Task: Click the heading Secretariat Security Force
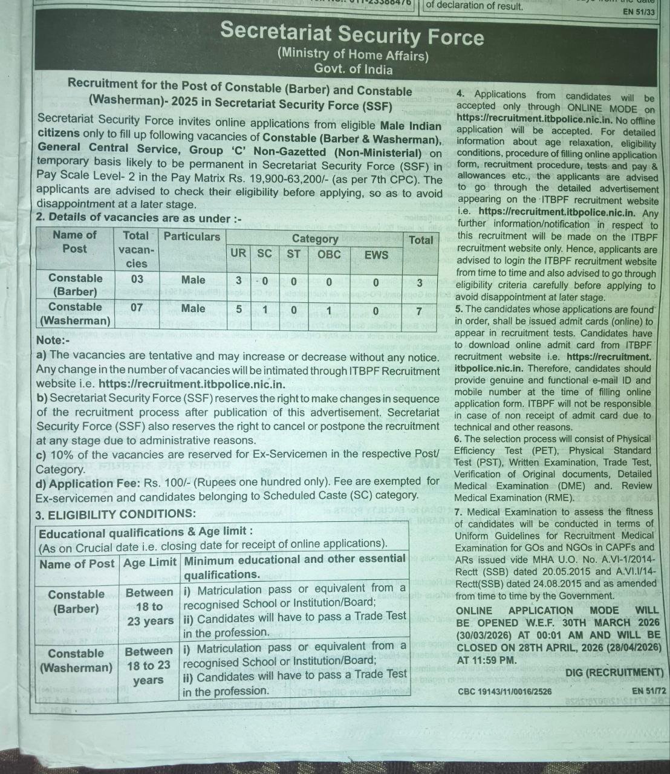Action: tap(352, 34)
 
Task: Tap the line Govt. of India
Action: tap(353, 70)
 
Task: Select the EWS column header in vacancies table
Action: tap(376, 255)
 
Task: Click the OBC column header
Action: tap(329, 255)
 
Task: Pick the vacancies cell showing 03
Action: tap(137, 279)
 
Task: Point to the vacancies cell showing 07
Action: tap(137, 307)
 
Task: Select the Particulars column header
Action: tap(192, 236)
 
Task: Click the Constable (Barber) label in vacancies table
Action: tap(76, 284)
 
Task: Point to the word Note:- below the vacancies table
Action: tap(53, 341)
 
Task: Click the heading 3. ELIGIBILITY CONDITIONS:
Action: tap(115, 515)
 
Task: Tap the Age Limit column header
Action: tap(149, 564)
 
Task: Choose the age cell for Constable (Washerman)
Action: tap(148, 666)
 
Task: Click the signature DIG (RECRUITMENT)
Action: tap(614, 672)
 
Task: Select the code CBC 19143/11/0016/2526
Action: tap(504, 691)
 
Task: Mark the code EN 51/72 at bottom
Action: tap(648, 691)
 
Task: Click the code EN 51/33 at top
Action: tap(639, 11)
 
